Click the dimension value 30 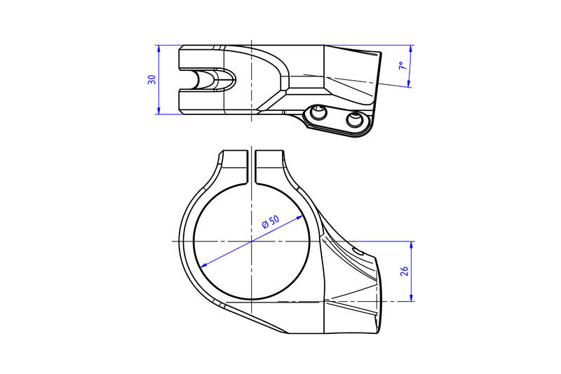(x=151, y=80)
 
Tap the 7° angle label (x=401, y=67)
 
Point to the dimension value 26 (x=405, y=272)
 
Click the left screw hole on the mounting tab (x=320, y=113)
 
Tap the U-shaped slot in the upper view (x=210, y=79)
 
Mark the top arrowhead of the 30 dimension (x=159, y=48)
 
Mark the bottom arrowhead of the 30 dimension (x=159, y=111)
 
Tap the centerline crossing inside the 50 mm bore (x=251, y=241)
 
